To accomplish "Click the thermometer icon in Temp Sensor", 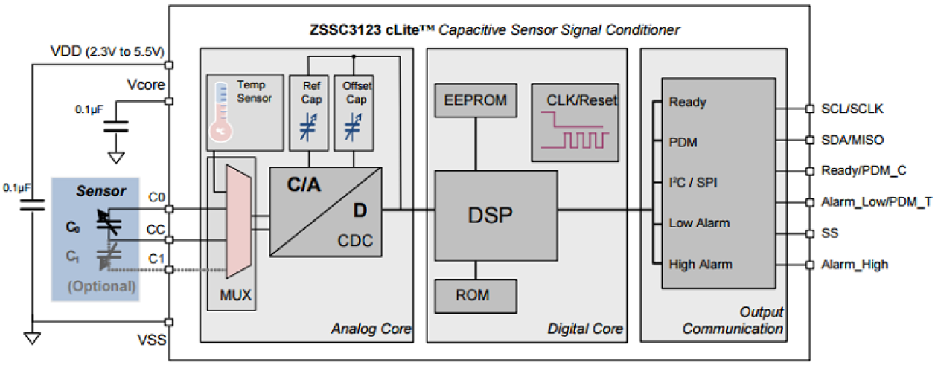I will point(220,112).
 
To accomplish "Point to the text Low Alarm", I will point(699,223).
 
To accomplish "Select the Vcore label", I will point(147,85).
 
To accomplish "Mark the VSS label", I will point(151,340).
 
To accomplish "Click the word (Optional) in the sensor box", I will point(102,285).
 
